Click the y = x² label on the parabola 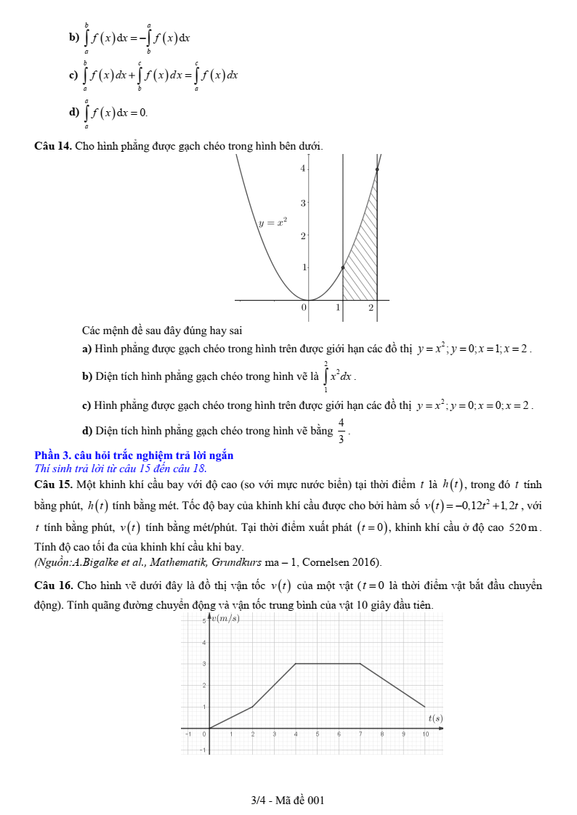coord(273,223)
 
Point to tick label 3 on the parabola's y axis coord(303,202)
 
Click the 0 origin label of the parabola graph coord(304,308)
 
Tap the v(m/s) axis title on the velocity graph coord(227,618)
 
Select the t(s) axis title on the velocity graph coord(435,718)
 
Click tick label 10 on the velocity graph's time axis coord(425,734)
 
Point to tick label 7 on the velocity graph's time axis coord(360,734)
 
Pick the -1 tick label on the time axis coord(188,734)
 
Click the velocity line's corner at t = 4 coord(296,663)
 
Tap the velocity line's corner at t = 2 coord(253,707)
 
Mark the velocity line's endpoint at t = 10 coord(425,707)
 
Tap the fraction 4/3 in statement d coord(341,431)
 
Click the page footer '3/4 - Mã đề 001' coord(288,800)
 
